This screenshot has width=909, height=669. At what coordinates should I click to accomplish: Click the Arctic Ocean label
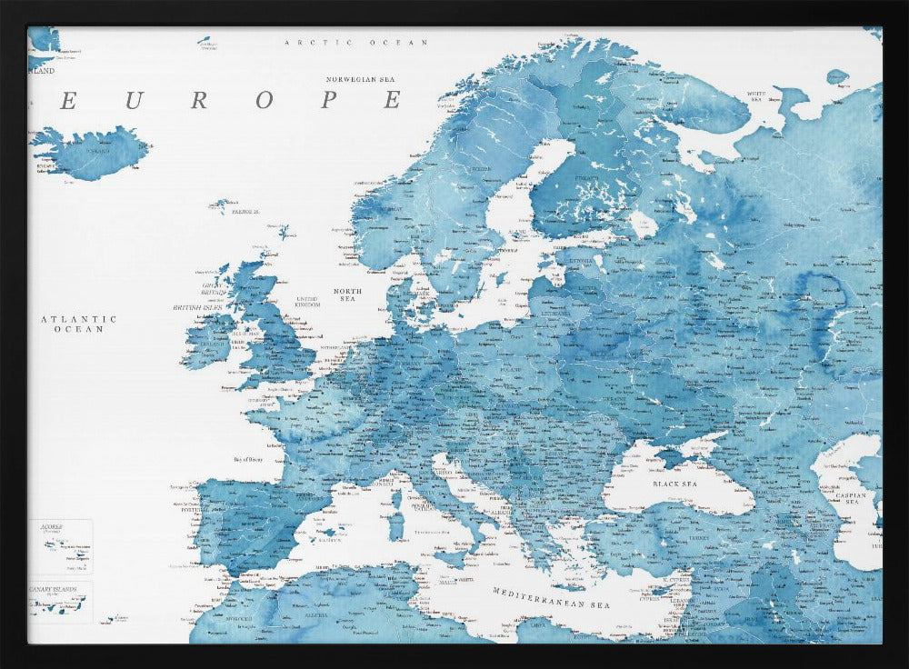(355, 43)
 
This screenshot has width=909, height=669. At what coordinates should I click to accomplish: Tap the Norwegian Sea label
(364, 80)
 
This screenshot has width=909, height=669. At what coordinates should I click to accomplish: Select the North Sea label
(347, 295)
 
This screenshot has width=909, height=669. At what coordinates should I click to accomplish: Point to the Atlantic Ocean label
(79, 324)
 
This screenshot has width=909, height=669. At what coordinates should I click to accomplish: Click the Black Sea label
(674, 484)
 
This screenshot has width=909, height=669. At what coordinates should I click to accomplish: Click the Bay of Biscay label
(254, 460)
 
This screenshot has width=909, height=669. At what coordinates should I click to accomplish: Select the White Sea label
(756, 94)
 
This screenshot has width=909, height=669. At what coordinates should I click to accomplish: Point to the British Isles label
(198, 308)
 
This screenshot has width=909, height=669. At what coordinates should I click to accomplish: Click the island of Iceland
(91, 152)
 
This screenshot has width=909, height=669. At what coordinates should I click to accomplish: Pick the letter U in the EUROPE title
(133, 101)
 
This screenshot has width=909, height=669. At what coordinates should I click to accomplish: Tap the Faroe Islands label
(244, 212)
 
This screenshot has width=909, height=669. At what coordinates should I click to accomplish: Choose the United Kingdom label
(307, 301)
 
